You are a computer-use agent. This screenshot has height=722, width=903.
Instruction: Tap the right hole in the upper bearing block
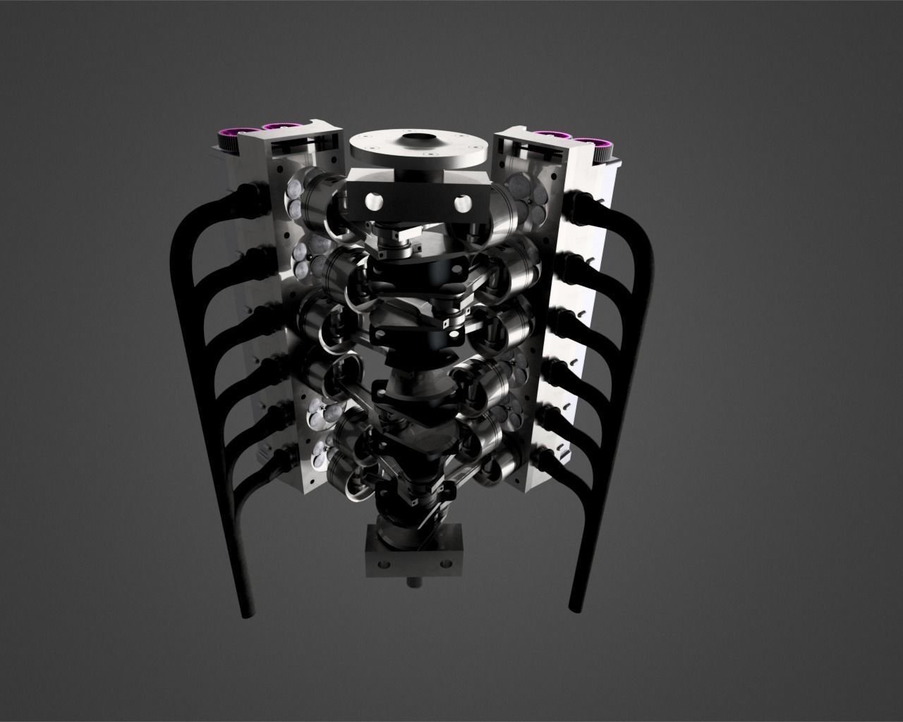coord(462,203)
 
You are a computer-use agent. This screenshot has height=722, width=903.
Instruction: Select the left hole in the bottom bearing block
coord(382,564)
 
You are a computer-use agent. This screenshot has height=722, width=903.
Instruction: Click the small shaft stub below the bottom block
coord(414,583)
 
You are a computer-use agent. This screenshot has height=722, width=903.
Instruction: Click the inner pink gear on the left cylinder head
coord(278,128)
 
